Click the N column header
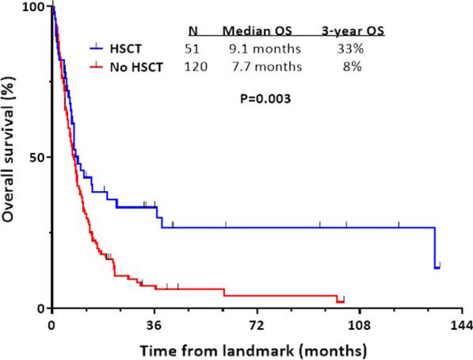pos(193,32)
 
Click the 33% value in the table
pos(347,51)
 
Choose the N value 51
pos(193,51)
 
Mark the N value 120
pos(195,67)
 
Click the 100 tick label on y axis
pos(32,6)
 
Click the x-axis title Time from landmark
pos(254,349)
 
